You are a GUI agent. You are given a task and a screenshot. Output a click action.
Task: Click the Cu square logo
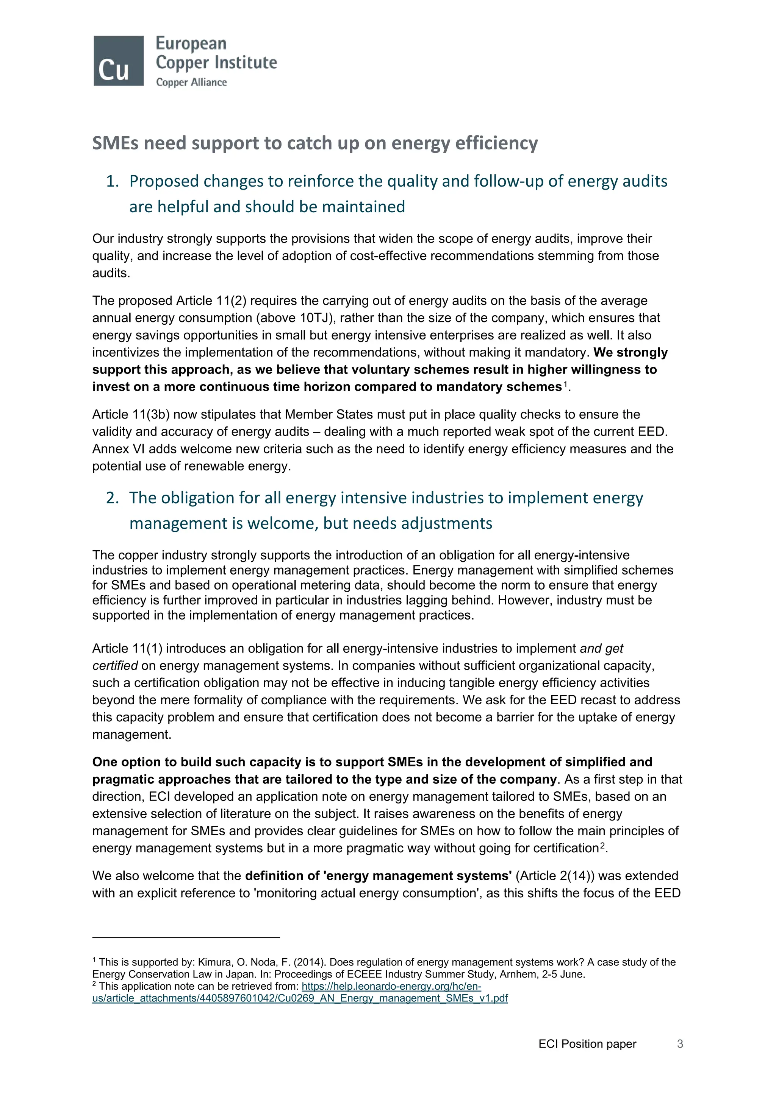click(119, 61)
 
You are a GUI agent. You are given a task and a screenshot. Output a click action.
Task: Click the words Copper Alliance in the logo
click(191, 82)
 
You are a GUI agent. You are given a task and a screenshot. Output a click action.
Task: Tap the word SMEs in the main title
click(115, 143)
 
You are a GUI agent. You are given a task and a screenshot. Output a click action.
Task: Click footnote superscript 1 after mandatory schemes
click(565, 384)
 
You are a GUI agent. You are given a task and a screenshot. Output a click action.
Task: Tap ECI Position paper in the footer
click(587, 1044)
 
